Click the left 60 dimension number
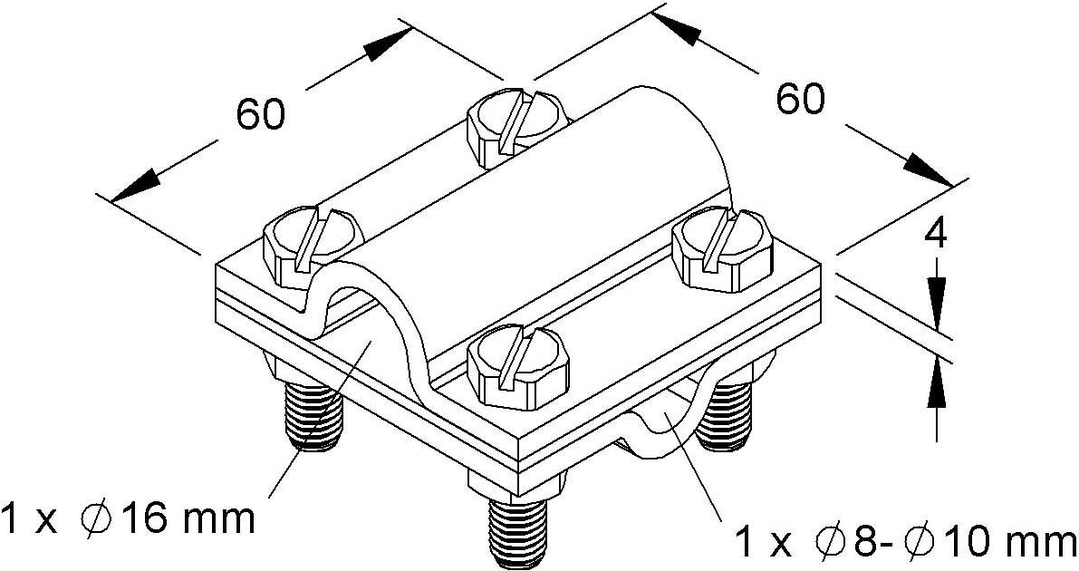point(260,114)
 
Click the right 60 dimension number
point(800,100)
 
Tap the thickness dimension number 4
point(935,235)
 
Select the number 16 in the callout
point(144,518)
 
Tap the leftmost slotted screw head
point(313,247)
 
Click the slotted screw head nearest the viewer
point(518,366)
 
